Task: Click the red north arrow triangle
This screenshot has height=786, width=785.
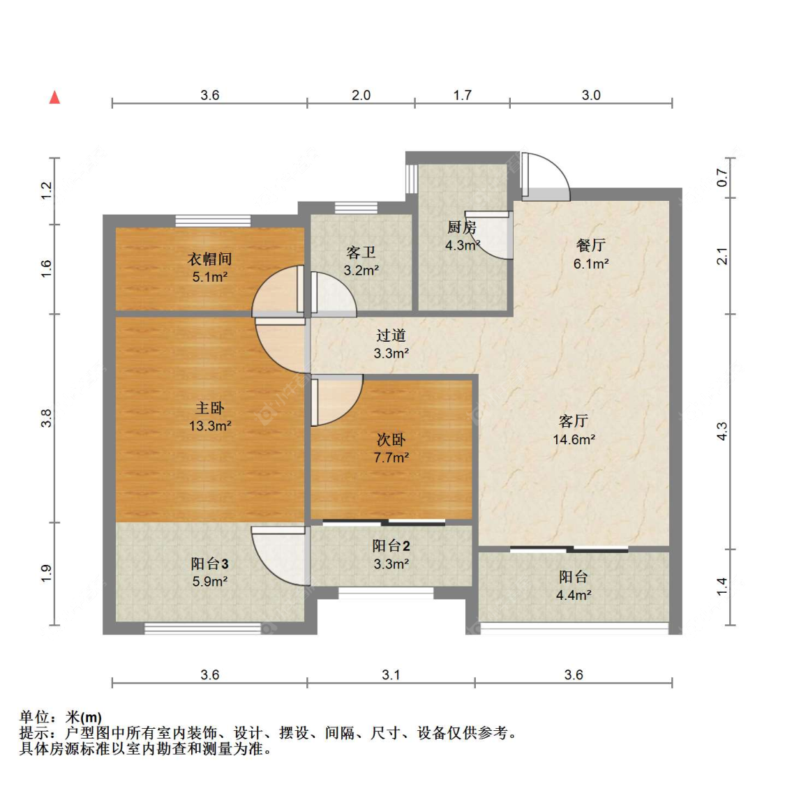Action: [54, 97]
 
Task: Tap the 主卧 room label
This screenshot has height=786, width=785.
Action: [209, 408]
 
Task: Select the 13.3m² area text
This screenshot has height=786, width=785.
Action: [210, 426]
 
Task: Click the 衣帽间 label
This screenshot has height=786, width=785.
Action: [209, 259]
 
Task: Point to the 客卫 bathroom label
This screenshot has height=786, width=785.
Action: [361, 252]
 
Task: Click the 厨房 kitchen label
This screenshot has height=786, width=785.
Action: [461, 227]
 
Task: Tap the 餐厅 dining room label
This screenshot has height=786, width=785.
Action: [591, 245]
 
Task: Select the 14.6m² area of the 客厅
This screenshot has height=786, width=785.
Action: [574, 439]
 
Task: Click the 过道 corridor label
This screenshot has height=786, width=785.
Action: [391, 335]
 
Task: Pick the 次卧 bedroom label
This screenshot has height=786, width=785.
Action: [391, 439]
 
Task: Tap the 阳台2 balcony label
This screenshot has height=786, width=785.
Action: [391, 545]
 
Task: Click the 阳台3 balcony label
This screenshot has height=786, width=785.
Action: [209, 564]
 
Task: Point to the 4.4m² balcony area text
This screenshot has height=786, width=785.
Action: [574, 595]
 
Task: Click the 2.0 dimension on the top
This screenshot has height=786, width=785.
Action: [361, 95]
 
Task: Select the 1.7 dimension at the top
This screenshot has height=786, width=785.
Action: [462, 95]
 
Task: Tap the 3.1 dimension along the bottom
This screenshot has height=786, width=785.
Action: [391, 674]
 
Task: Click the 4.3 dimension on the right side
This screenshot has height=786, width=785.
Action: [722, 431]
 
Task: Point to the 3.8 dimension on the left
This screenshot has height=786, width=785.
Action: [45, 418]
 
